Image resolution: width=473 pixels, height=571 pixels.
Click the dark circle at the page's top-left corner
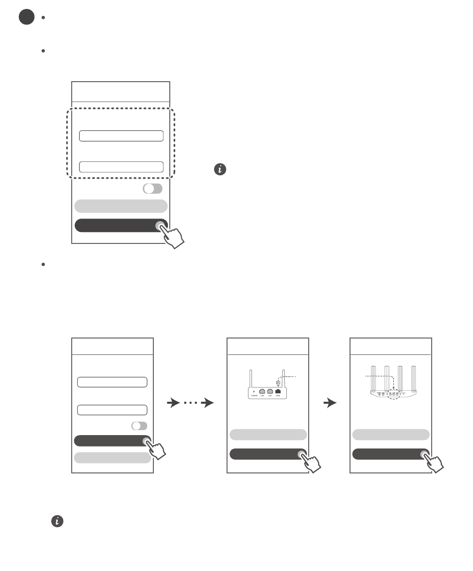coord(26,17)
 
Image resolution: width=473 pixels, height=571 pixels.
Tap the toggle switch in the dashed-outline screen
coord(152,189)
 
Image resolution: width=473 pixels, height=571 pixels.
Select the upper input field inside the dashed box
coord(121,136)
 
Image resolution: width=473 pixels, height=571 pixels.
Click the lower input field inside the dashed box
coord(121,167)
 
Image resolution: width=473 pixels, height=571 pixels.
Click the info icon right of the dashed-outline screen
coord(220,170)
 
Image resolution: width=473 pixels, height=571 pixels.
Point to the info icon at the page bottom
coord(57,521)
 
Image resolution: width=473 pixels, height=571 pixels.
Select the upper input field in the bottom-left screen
coord(112,382)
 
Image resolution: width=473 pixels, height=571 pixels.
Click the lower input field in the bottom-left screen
coord(112,410)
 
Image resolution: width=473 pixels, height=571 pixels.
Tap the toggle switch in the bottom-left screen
coord(139,426)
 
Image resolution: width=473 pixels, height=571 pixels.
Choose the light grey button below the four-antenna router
coord(391,435)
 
